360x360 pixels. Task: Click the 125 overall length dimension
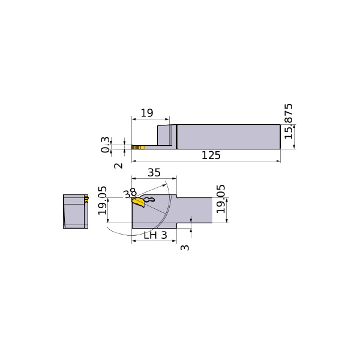coord(211,155)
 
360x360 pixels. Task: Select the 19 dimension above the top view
coord(147,113)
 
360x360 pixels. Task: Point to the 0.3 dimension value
coord(105,145)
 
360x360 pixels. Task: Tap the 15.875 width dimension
coord(289,121)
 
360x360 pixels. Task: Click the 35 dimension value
coord(154,173)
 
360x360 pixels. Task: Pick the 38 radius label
coord(130,193)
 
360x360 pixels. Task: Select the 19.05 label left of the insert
coord(103,200)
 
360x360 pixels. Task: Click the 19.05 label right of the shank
coord(221,199)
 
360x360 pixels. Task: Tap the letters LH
coord(151,235)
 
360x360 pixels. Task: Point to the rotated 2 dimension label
coord(118,166)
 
